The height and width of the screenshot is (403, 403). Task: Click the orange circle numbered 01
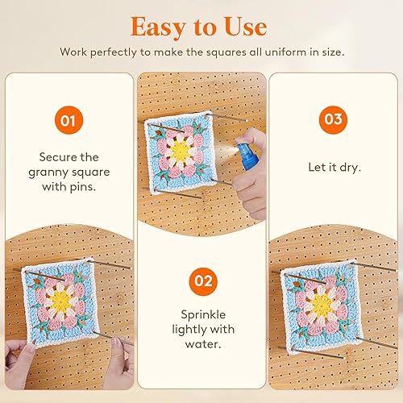tap(69, 120)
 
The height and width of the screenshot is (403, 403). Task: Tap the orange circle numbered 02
tap(203, 281)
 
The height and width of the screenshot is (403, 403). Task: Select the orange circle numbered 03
tap(333, 120)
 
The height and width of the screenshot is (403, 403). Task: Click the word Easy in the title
tap(158, 27)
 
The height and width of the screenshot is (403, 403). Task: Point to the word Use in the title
tap(246, 27)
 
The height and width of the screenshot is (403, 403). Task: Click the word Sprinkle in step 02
tap(203, 314)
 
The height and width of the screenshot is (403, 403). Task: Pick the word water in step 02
tap(203, 344)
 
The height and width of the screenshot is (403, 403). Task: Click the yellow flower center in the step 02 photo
tap(181, 152)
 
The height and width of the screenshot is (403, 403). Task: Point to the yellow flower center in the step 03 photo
tap(322, 305)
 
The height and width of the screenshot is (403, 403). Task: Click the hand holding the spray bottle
tap(250, 175)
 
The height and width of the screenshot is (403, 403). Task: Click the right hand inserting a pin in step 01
tap(121, 363)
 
